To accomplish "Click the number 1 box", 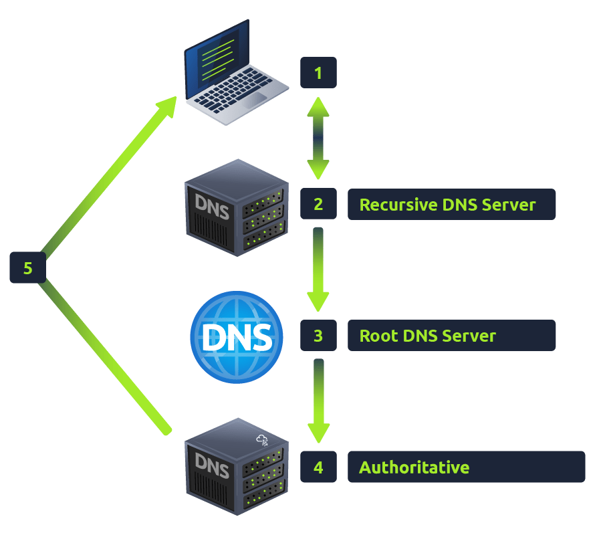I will (318, 73).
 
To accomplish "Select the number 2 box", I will (318, 204).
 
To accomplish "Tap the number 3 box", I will (318, 335).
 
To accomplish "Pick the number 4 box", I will (318, 467).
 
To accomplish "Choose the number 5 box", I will (27, 268).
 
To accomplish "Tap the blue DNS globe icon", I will (237, 337).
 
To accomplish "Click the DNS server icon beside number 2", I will (235, 208).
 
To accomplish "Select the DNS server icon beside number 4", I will (235, 466).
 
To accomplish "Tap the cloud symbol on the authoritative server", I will (261, 440).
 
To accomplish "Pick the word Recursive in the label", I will (398, 204).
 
